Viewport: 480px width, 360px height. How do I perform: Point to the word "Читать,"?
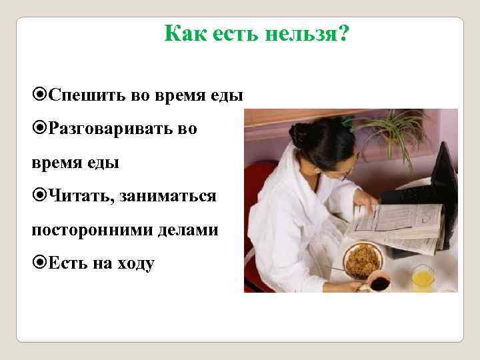[x=75, y=196]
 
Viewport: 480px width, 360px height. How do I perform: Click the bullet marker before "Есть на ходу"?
[x=39, y=263]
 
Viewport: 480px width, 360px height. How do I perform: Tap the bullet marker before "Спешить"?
[x=39, y=95]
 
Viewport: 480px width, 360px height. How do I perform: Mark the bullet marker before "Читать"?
[x=39, y=196]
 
